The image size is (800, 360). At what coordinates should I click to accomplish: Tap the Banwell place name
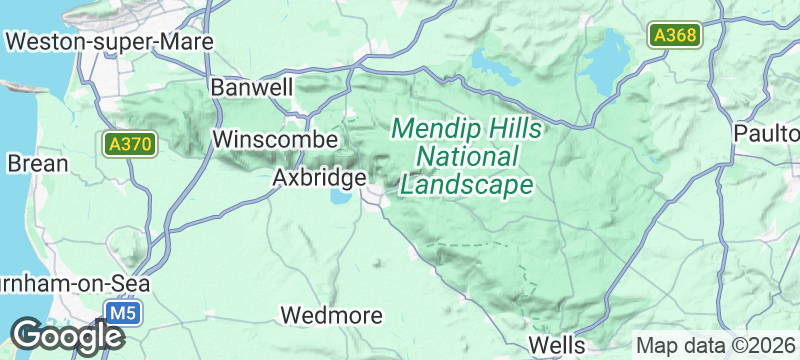252,87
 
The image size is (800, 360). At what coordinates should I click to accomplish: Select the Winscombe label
270,139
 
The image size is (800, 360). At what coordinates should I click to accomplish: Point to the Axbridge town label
319,177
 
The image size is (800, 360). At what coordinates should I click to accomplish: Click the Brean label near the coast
37,163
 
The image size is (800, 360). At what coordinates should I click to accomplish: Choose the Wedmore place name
332,315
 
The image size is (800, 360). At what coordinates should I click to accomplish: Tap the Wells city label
556,344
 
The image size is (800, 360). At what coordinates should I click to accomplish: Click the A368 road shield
675,36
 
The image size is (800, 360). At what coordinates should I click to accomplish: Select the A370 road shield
130,145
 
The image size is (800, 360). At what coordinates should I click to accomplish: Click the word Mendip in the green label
434,129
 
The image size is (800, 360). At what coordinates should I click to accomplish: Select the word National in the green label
467,157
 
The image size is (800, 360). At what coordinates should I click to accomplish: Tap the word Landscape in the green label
465,185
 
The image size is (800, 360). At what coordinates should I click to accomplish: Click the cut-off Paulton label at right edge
766,133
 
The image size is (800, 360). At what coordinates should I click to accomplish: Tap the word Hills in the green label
513,129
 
